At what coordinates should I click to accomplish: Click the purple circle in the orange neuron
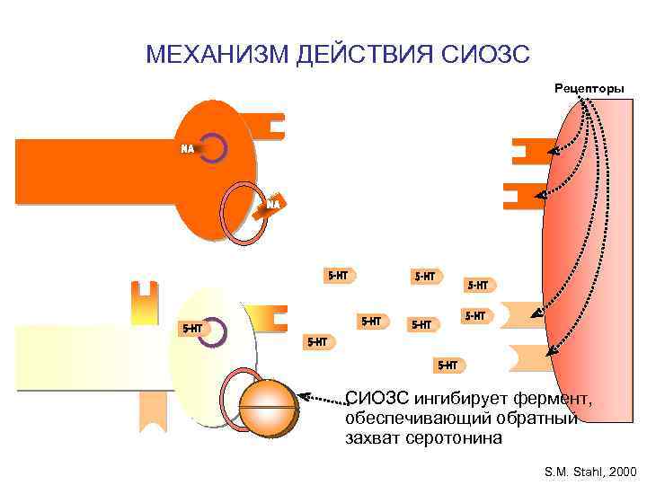[213, 148]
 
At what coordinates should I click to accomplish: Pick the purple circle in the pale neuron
[213, 331]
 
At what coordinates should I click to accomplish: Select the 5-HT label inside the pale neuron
[191, 329]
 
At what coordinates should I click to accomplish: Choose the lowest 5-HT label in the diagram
[447, 365]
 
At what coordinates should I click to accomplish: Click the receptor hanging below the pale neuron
[152, 414]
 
